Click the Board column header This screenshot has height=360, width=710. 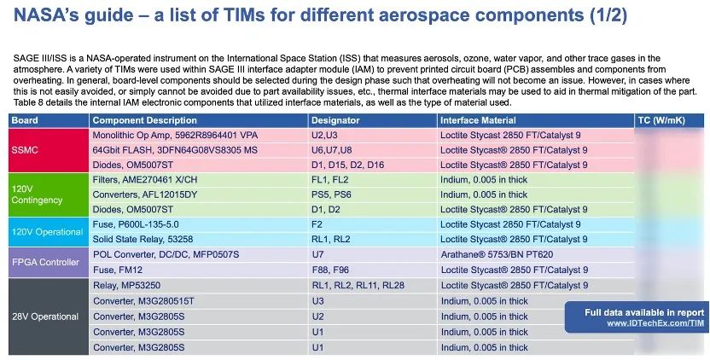pos(25,120)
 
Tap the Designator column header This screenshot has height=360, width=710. pos(335,120)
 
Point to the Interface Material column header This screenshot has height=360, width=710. pos(478,120)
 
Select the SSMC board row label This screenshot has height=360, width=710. pos(25,149)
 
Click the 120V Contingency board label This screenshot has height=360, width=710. pos(38,194)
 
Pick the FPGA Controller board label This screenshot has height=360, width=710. pos(45,262)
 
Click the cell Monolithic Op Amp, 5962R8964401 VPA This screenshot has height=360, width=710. pos(174,134)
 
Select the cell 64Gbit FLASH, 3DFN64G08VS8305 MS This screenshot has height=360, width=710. pos(175,149)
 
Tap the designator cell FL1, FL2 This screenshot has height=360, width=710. pos(330,179)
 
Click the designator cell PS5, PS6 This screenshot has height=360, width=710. pos(331,194)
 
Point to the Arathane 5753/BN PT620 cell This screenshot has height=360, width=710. pos(497,254)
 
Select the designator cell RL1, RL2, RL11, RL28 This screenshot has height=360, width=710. pos(358,285)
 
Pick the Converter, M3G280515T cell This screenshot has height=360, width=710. pos(144,300)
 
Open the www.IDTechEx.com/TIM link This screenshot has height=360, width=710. pos(655,323)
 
